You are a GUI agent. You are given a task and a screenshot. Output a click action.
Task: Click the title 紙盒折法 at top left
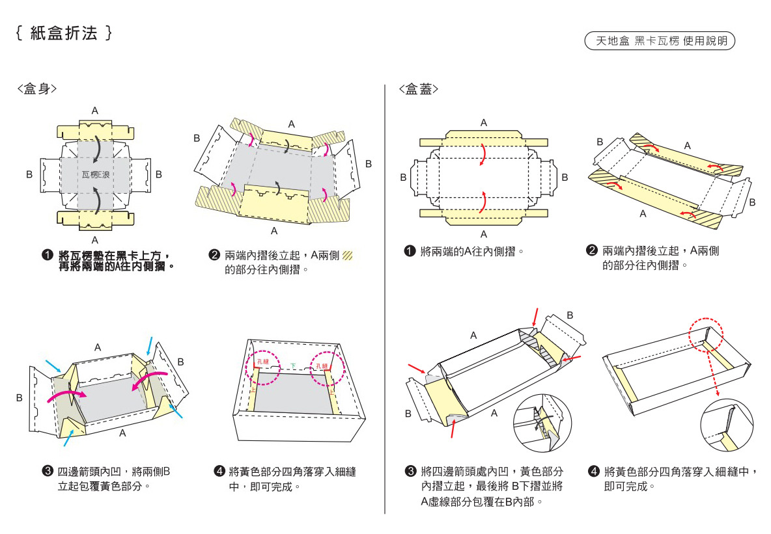64,33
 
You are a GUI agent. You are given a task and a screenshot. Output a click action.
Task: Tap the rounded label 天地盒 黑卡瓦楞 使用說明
660,41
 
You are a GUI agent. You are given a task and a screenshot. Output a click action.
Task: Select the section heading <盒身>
36,89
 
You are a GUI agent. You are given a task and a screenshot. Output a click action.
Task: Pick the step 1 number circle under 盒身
48,255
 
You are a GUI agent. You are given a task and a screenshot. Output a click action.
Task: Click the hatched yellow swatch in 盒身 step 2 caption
348,255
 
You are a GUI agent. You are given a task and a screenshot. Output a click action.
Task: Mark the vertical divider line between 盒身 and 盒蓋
385,299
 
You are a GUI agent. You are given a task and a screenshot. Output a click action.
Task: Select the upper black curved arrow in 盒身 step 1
95,148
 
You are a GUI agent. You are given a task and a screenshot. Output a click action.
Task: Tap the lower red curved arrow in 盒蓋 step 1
482,202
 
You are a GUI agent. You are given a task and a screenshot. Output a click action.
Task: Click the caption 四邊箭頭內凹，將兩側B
114,471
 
